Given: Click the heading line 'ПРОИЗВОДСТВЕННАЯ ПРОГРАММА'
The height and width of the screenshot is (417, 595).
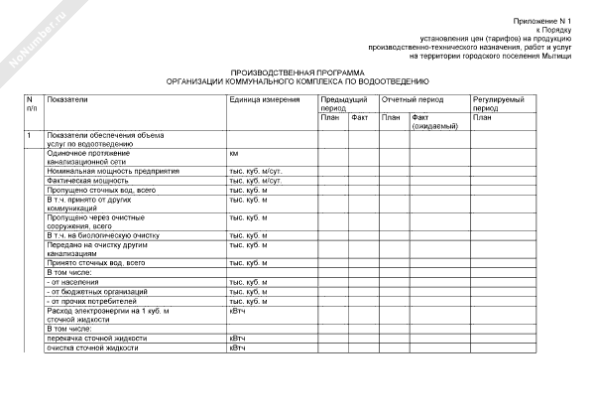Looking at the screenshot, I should click(x=297, y=72).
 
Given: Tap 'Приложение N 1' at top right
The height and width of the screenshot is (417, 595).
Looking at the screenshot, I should click(x=548, y=21).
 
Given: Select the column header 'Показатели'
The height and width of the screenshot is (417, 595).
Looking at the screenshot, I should click(x=67, y=100).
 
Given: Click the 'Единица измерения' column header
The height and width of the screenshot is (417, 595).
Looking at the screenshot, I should click(x=264, y=100).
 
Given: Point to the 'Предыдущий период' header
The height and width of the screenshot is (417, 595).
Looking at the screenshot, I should click(x=342, y=103).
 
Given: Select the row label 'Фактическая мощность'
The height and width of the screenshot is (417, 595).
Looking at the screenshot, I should click(x=87, y=182).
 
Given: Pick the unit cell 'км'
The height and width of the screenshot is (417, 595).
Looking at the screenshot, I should click(x=234, y=154).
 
